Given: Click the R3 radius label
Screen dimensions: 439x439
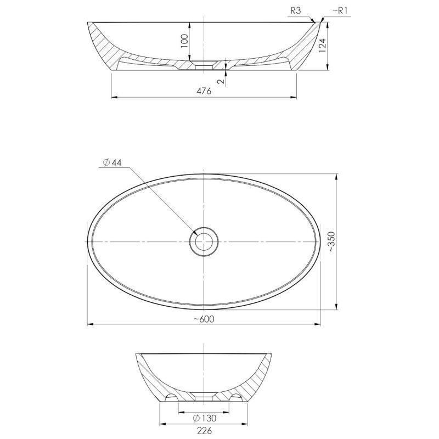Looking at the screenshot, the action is point(296,10).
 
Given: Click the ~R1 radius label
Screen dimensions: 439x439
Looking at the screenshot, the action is point(340,10).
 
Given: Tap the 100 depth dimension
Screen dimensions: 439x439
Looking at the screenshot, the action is point(184,41).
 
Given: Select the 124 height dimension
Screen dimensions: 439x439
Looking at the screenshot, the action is point(323,46).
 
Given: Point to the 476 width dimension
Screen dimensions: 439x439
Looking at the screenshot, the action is point(204,91).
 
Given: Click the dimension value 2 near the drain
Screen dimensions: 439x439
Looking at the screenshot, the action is point(221,81).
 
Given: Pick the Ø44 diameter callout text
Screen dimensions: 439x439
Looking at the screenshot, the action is point(112,162).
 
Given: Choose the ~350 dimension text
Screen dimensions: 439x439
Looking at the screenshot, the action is point(331,241).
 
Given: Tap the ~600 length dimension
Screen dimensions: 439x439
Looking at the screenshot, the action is point(204,319).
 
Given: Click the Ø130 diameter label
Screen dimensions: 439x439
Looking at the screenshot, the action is point(205,418).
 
